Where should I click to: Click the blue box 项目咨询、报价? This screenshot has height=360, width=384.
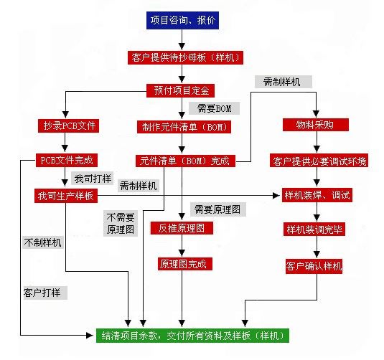[182, 20]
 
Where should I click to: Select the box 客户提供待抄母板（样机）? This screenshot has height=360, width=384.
[185, 58]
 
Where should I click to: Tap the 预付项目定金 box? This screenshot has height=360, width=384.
[180, 90]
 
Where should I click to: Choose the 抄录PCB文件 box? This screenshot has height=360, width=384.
[69, 125]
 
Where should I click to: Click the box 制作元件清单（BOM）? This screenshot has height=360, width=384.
[184, 127]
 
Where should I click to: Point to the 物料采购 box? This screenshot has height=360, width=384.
[316, 125]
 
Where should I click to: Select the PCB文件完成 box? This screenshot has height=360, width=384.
[67, 161]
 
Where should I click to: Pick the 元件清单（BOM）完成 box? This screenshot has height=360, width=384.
[185, 161]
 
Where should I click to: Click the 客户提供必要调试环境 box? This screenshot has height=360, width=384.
[319, 161]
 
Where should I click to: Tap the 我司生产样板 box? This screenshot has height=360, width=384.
[66, 196]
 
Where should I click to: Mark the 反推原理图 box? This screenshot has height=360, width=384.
[182, 228]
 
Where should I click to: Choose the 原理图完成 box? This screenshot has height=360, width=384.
[185, 264]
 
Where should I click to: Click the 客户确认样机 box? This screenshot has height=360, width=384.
[314, 266]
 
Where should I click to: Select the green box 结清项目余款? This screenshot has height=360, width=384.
[192, 336]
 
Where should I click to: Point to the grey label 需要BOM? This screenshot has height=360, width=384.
[215, 108]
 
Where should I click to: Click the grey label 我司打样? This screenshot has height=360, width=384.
[93, 178]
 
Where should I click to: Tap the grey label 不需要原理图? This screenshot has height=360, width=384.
[121, 223]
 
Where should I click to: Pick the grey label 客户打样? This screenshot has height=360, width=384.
[45, 293]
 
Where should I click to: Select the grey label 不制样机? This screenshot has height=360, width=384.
[43, 242]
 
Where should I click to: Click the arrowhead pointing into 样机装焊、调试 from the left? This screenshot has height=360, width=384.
[276, 195]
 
